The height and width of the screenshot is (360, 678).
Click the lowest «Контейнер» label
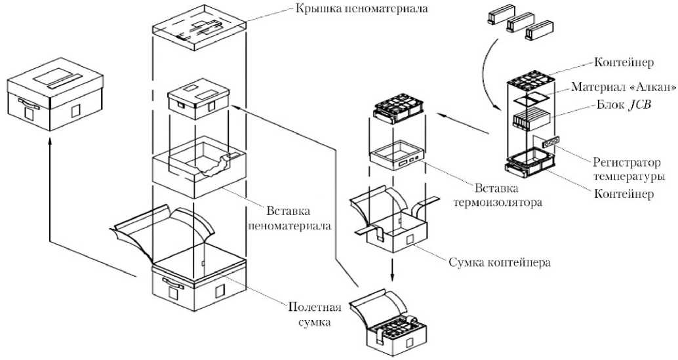(622, 195)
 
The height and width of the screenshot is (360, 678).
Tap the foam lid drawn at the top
(199, 28)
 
